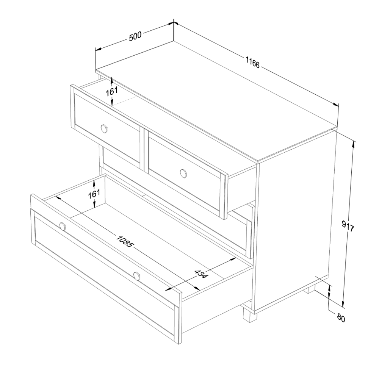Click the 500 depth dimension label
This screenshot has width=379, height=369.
tap(135, 36)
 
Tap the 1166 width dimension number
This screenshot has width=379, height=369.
tap(252, 63)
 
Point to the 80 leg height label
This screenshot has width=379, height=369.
tap(341, 318)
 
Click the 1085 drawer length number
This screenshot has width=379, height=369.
tap(125, 241)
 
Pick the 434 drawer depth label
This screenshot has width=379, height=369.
tap(201, 274)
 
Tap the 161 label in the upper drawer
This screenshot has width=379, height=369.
tap(111, 91)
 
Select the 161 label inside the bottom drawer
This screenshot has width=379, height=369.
tap(94, 194)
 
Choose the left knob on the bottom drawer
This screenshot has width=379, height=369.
tap(63, 227)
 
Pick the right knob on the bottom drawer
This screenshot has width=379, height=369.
tap(136, 276)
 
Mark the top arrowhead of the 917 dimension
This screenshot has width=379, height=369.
tap(354, 144)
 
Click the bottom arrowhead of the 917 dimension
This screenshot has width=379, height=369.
tap(343, 303)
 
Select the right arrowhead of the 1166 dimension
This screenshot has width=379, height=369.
tap(336, 105)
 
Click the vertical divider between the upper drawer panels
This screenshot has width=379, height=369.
tap(142, 149)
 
